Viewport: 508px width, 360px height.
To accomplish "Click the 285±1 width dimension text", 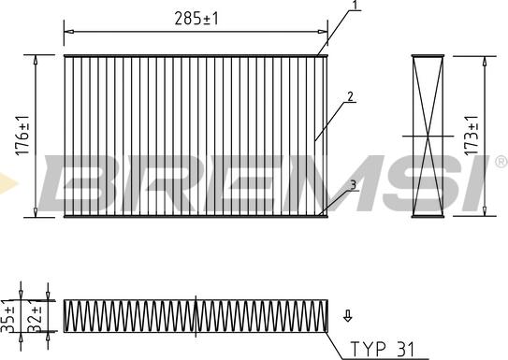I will point(197,17).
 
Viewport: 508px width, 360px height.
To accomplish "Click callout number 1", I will point(355,7).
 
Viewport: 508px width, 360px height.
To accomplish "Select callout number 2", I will point(349,95).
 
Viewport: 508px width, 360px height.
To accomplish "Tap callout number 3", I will point(352,185).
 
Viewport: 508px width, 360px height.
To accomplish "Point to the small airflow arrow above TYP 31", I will point(348,315).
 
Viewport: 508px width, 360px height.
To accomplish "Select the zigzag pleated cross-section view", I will point(196,315).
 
